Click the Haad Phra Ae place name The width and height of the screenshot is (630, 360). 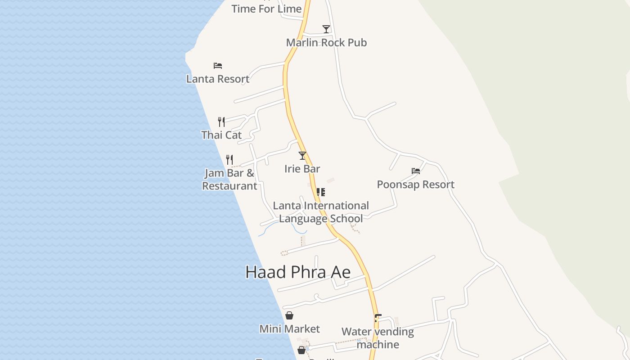tap(298, 272)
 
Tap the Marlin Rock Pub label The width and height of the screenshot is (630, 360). tap(326, 43)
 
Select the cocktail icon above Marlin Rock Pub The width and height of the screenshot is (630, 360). tap(326, 29)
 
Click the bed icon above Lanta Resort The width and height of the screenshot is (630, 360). tap(218, 66)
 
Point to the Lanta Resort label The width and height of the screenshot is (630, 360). tap(218, 79)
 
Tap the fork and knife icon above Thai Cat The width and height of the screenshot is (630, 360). tap(221, 121)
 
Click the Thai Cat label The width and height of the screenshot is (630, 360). tap(221, 135)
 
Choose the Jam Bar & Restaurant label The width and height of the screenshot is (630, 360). tap(229, 180)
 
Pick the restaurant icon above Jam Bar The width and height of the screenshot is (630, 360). tap(229, 159)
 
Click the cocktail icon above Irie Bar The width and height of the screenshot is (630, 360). tap(302, 156)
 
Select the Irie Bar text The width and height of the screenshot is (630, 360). tap(302, 169)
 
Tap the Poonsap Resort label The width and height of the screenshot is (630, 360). tap(415, 184)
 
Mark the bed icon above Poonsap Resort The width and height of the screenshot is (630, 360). tap(416, 171)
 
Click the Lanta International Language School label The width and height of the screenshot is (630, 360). tap(321, 212)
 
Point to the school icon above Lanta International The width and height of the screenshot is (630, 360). tap(321, 192)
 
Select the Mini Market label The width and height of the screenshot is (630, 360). tap(290, 329)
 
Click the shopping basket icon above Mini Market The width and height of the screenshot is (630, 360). tap(289, 315)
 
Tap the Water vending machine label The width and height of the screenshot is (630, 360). tap(378, 338)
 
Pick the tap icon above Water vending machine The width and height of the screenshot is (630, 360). tap(378, 318)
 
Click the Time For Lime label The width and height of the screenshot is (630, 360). tap(266, 9)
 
